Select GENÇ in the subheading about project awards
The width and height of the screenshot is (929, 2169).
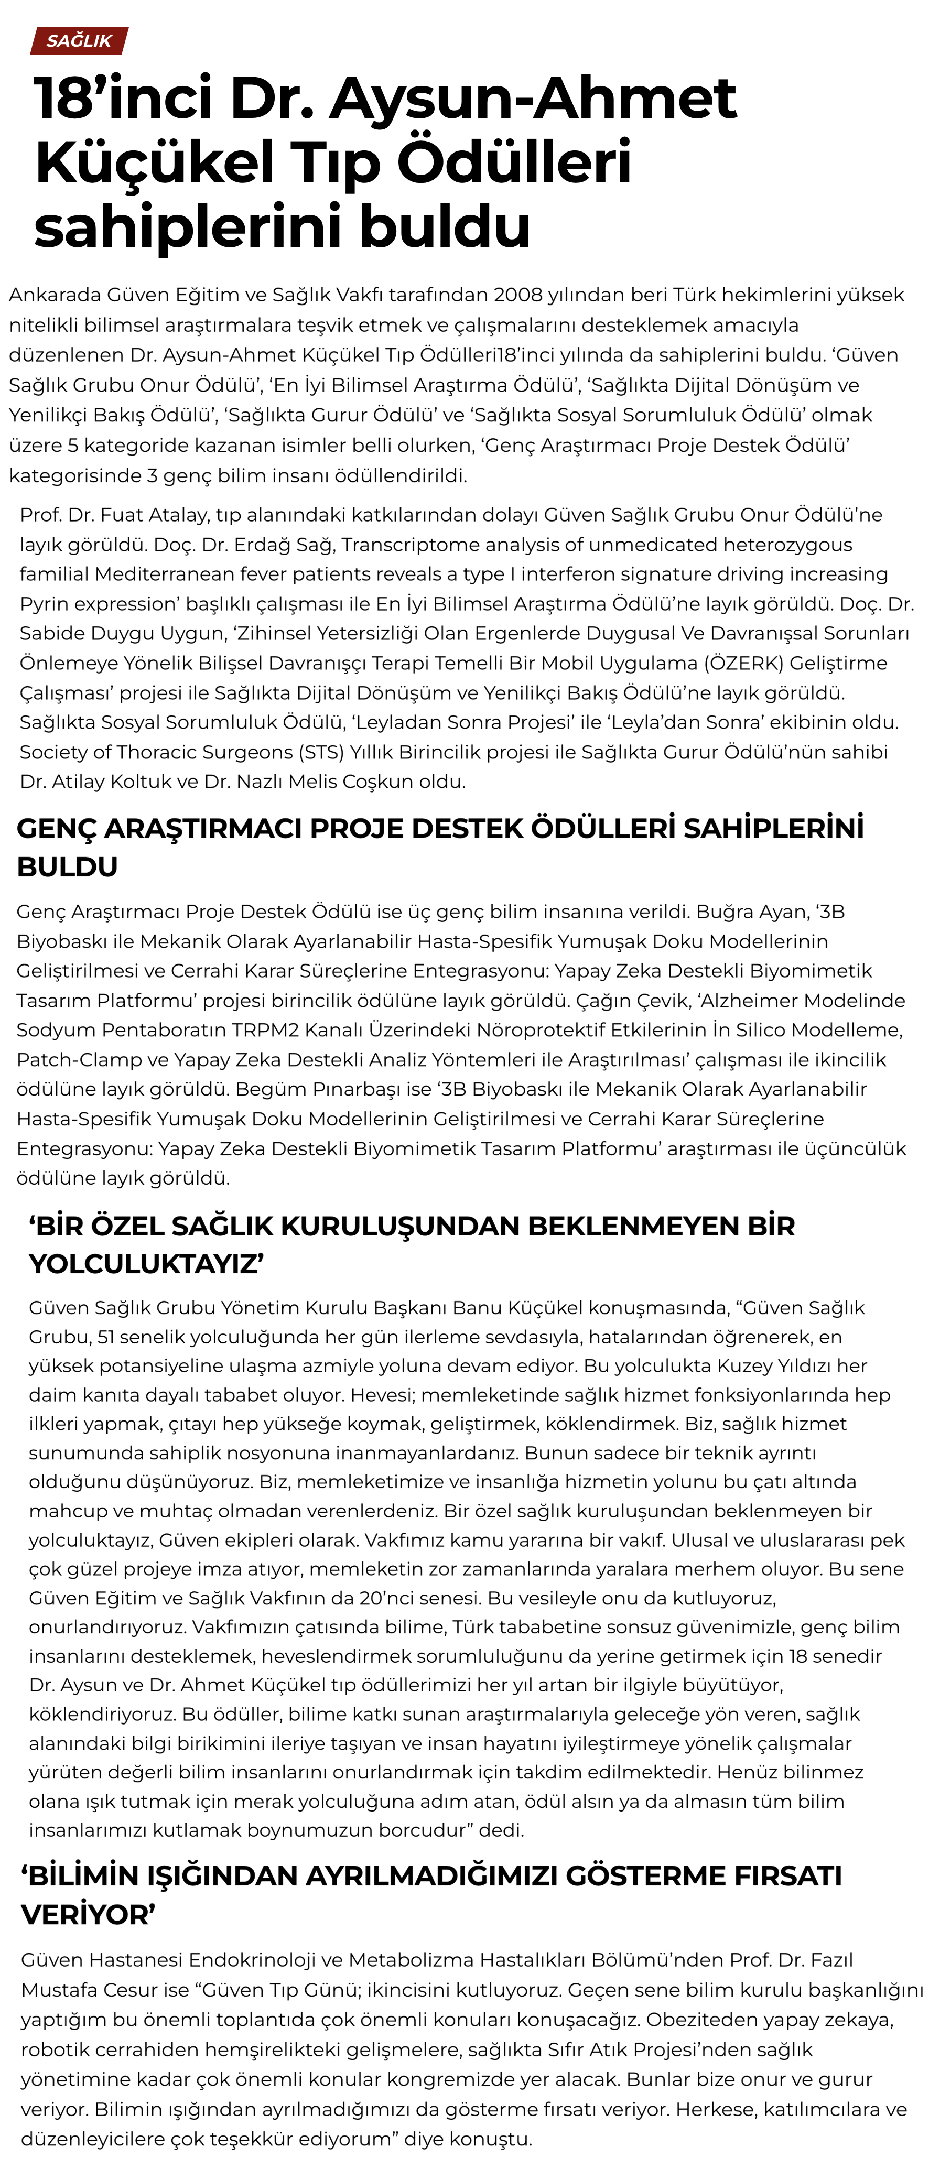pyautogui.click(x=52, y=829)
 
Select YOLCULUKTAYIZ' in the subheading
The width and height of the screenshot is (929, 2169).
pyautogui.click(x=147, y=1264)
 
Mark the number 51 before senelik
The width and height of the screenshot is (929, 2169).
pyautogui.click(x=107, y=1337)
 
